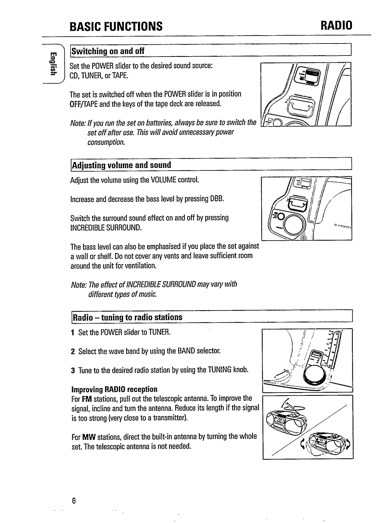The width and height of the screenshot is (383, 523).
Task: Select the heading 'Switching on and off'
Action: [x=108, y=51]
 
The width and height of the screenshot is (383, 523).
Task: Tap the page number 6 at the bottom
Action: [x=74, y=500]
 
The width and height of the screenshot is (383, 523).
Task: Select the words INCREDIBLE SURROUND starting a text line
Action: [x=106, y=227]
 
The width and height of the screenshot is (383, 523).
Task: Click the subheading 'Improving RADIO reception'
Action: [x=114, y=389]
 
